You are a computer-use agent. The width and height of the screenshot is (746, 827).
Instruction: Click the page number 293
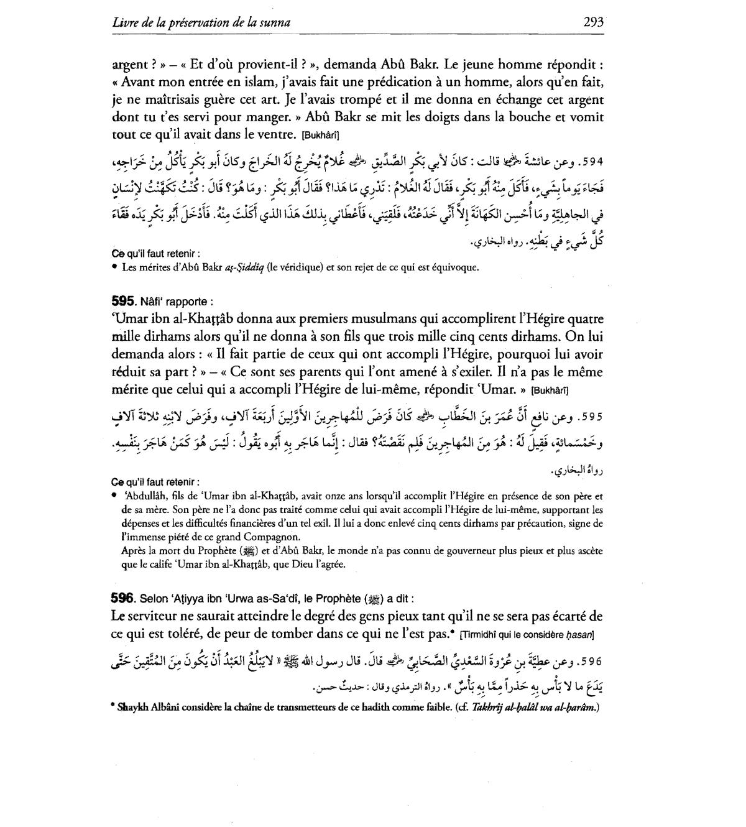[x=594, y=22]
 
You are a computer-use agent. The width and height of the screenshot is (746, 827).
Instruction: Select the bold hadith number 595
[x=123, y=302]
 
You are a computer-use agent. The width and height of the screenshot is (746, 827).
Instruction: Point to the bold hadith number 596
[x=123, y=599]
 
